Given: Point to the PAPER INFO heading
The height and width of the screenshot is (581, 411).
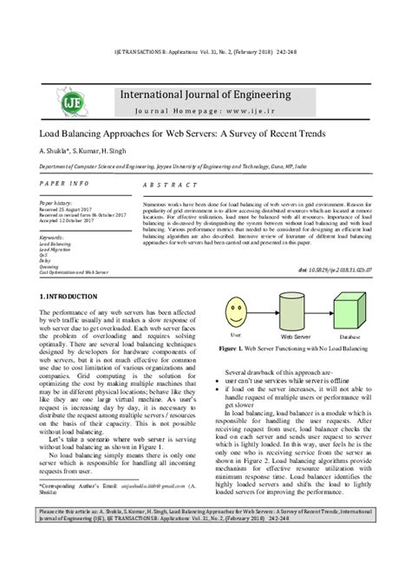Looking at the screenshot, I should [66, 185].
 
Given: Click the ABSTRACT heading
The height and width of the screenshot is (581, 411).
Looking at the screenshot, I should [164, 186].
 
